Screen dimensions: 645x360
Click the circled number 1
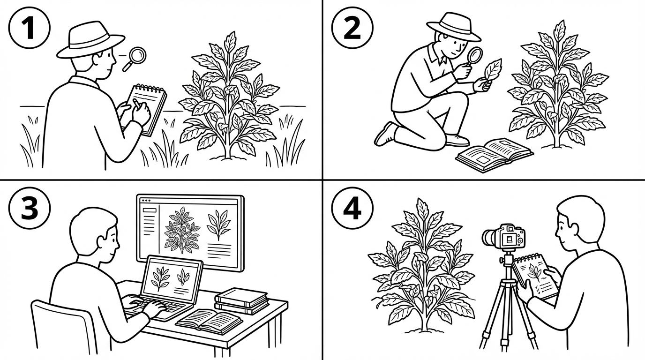pos(30,28)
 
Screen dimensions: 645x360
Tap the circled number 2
pos(352,28)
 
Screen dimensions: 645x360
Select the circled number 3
pos(30,208)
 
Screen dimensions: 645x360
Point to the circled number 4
pos(352,208)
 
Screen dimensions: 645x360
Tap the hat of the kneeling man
pos(454,27)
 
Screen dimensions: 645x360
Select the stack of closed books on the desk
pos(241,301)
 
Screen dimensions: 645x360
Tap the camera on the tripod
pos(504,237)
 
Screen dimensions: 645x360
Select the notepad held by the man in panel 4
pos(535,277)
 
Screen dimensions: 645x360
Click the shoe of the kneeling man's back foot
pos(385,134)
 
